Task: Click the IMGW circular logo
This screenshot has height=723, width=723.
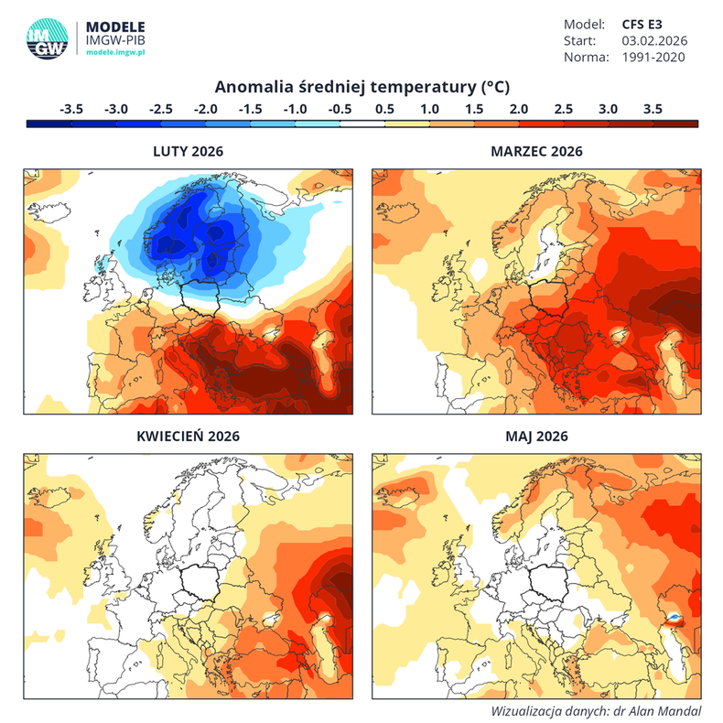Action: point(46,38)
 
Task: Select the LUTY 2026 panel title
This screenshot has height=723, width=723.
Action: point(187,151)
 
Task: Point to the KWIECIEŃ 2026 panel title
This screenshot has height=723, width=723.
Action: point(187,437)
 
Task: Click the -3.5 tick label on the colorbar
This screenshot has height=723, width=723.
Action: point(71,108)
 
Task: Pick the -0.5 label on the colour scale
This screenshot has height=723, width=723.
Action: point(340,108)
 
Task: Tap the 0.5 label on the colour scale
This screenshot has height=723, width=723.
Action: point(384,108)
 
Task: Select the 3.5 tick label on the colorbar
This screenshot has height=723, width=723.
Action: point(653,108)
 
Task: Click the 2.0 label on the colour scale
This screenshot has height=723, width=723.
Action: point(519,108)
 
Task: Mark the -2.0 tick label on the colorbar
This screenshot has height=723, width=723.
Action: point(206,108)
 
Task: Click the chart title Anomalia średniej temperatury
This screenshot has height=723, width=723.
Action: point(361,87)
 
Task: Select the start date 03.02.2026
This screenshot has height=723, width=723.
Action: point(654,40)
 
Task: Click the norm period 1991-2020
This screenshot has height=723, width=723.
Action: point(653,57)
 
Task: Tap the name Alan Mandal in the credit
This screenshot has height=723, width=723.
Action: point(665,710)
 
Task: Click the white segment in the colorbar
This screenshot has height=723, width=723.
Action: point(362,123)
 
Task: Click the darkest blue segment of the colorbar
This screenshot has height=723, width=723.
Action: point(49,123)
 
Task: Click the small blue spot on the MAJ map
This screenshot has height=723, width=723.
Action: point(673,620)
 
